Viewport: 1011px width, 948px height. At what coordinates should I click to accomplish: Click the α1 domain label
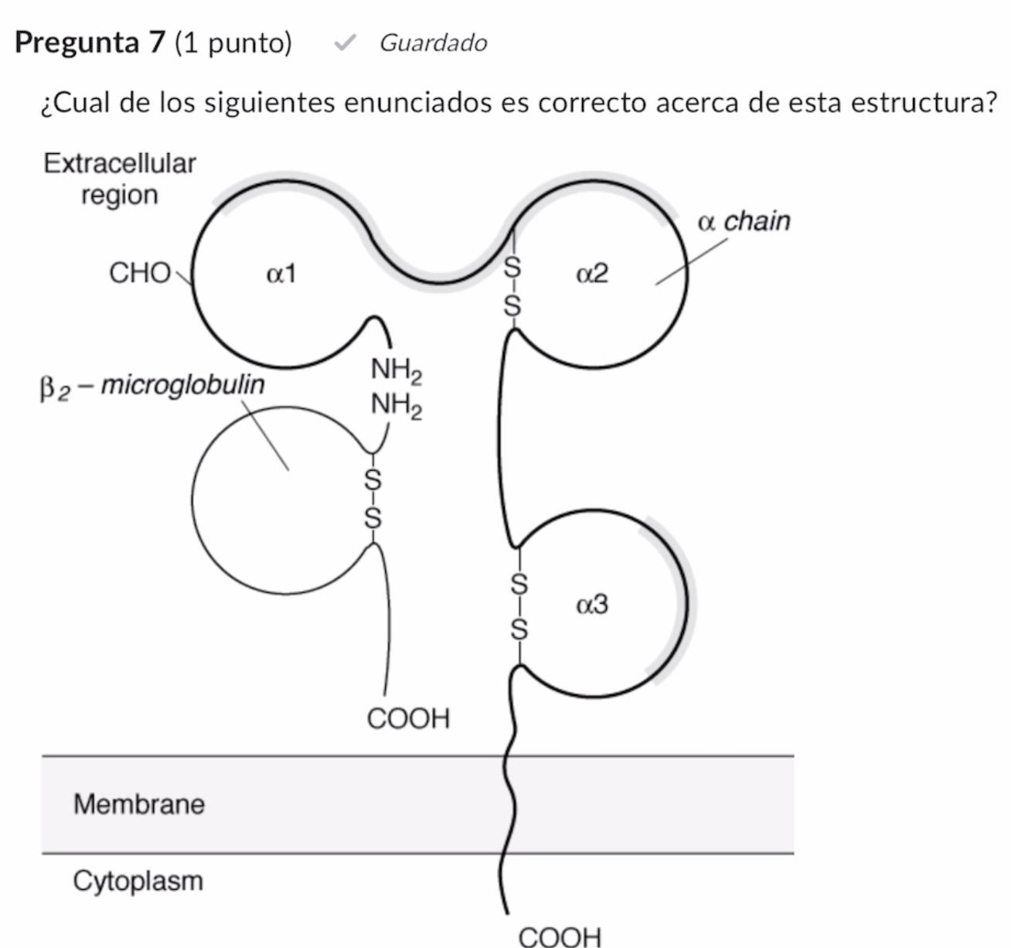pos(281,274)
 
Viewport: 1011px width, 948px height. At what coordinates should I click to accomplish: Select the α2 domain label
pos(593,274)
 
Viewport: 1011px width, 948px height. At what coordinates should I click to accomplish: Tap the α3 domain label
pos(593,604)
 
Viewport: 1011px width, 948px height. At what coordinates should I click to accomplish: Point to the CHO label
pos(140,273)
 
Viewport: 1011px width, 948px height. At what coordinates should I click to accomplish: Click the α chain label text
pos(744,221)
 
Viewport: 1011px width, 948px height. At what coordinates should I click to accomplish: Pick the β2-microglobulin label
pos(151,385)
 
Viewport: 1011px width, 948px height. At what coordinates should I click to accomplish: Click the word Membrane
pos(139,804)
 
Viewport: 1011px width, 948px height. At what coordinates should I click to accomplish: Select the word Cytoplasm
pos(138,881)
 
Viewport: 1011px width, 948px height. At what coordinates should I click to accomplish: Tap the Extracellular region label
pos(120,179)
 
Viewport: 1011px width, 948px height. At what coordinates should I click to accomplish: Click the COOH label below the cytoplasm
pos(560,936)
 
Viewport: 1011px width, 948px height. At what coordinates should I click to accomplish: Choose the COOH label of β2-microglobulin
pos(408,718)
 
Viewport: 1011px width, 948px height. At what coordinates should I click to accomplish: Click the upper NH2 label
pos(397,370)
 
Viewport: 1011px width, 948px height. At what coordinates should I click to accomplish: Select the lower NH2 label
pos(397,404)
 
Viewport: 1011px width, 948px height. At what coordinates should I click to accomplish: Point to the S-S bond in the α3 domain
pos(520,606)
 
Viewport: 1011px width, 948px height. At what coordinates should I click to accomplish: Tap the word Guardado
pos(433,43)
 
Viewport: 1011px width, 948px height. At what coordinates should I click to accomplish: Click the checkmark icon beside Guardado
pos(344,43)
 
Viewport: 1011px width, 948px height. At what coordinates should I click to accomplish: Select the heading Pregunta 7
pos(90,43)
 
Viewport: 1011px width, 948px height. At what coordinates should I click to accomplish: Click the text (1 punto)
pos(233,43)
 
